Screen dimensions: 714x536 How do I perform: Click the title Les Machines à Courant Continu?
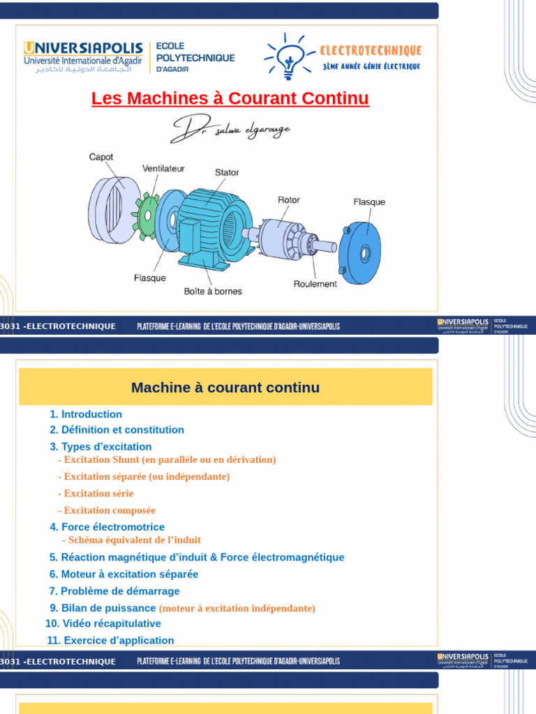230,99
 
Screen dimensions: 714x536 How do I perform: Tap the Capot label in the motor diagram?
101,158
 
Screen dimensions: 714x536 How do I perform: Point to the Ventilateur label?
164,169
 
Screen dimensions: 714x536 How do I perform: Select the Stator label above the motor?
227,172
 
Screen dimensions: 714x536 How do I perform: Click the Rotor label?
289,200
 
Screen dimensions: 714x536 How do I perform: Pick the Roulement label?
315,284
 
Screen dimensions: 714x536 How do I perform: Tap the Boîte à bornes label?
213,291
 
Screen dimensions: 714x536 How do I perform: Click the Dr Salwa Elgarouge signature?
230,129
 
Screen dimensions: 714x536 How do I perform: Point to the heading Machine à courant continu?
225,388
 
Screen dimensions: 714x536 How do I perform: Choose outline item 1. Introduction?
86,414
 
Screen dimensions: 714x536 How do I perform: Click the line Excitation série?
96,494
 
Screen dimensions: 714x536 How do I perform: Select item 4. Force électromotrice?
107,527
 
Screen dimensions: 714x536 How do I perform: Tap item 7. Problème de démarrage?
114,591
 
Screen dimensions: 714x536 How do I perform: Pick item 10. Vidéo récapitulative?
103,623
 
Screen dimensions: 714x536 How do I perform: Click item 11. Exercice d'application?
110,640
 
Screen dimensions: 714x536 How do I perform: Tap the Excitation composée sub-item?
107,510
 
